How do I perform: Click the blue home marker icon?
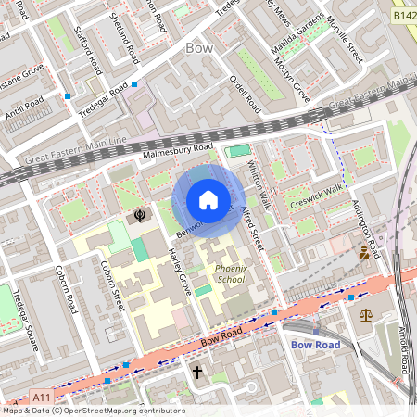208,200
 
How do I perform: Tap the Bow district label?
199,47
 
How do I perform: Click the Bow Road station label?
316,345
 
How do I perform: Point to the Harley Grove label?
179,272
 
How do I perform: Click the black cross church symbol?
196,373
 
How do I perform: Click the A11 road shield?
41,397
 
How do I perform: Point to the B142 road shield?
402,17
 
